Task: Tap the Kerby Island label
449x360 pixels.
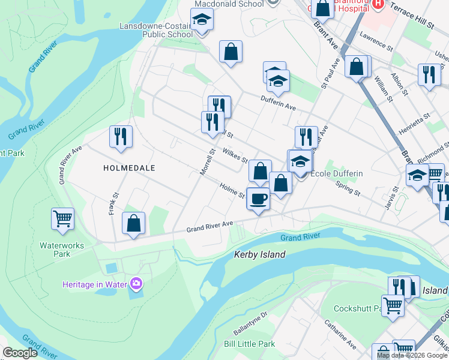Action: (x=259, y=255)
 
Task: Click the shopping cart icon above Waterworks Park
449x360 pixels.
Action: (x=62, y=219)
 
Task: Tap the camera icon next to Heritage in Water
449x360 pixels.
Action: (x=137, y=284)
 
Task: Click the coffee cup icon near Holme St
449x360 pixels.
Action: (x=258, y=199)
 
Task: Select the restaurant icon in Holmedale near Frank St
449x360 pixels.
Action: (x=121, y=137)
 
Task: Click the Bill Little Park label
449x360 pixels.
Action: (x=249, y=344)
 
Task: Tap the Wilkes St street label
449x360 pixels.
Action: (x=235, y=156)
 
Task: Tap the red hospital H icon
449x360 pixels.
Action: (x=378, y=4)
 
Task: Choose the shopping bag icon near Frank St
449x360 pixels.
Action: (x=134, y=223)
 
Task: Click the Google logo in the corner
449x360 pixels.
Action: (x=20, y=353)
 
